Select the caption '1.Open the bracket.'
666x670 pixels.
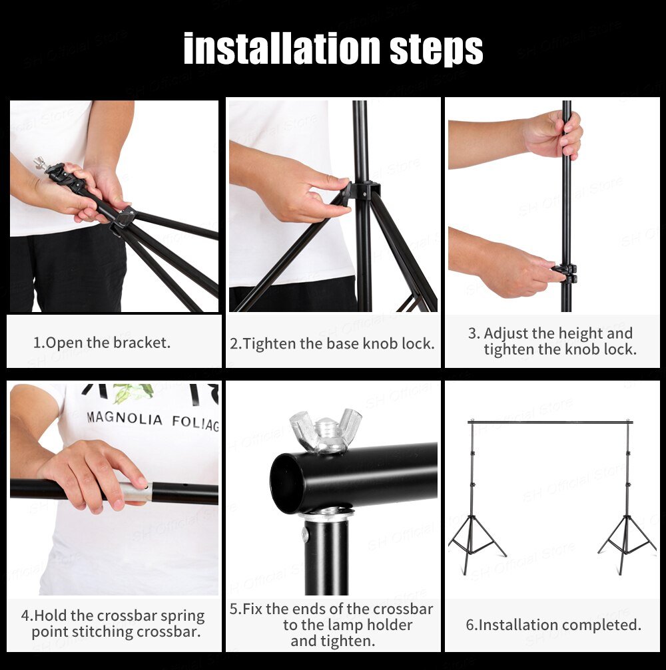pos(102,343)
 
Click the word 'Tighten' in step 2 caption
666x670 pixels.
pos(270,344)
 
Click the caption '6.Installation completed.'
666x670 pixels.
pos(553,625)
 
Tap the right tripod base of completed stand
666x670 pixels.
pos(626,542)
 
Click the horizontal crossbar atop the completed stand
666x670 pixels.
pos(550,422)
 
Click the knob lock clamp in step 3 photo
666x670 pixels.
pos(565,272)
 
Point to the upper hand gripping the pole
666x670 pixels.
pos(553,134)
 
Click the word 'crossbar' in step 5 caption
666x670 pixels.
pos(402,609)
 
